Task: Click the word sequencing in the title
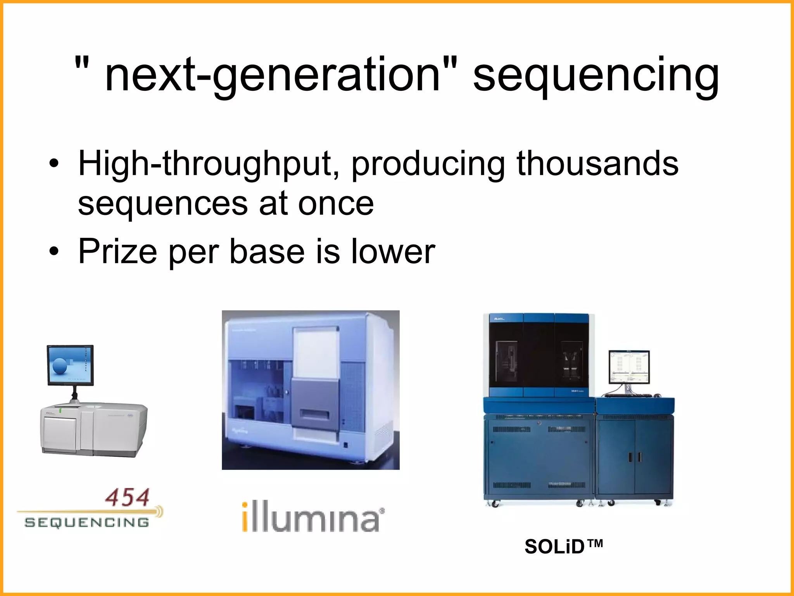click(x=596, y=76)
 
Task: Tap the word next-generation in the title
click(x=271, y=76)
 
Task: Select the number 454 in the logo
click(x=128, y=498)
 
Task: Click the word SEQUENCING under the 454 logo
click(x=87, y=522)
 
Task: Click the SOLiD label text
click(x=563, y=547)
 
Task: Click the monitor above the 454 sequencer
click(x=70, y=365)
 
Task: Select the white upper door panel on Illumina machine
click(x=316, y=353)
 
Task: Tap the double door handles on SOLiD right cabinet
click(x=635, y=457)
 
